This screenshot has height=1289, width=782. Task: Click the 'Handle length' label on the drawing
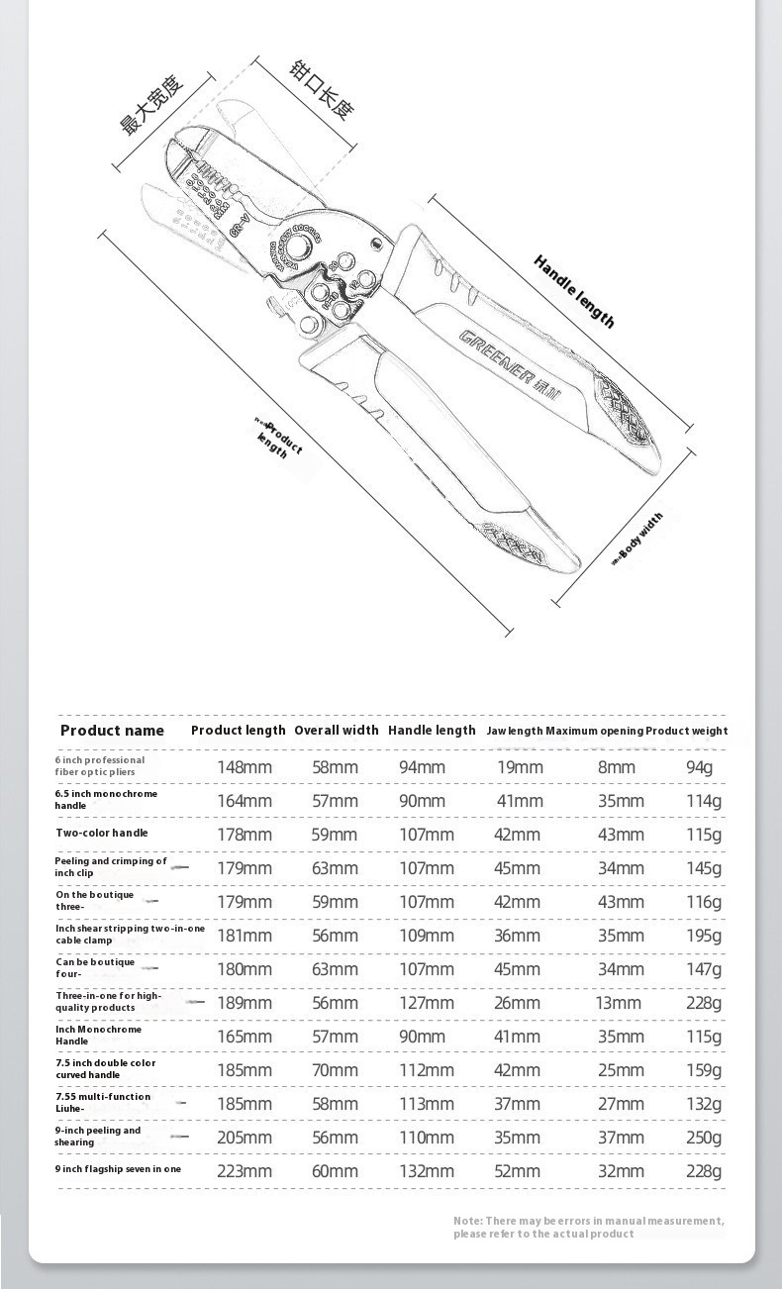click(574, 291)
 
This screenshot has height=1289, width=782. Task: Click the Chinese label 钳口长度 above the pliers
click(322, 86)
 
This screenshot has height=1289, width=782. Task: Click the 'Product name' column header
click(112, 731)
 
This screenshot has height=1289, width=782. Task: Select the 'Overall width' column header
click(337, 731)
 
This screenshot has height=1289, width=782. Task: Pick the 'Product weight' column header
click(687, 732)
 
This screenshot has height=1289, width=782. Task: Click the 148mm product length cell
click(244, 767)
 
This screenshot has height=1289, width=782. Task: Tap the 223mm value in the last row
click(244, 1171)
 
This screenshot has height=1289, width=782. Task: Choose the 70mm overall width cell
click(335, 1070)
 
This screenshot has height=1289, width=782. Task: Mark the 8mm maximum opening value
click(617, 767)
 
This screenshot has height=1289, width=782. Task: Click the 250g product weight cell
click(704, 1138)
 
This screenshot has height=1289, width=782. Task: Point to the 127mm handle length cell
click(427, 1003)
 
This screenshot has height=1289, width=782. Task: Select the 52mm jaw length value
click(518, 1171)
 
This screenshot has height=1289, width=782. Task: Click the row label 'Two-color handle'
click(102, 834)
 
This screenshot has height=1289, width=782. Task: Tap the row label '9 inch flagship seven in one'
click(118, 1169)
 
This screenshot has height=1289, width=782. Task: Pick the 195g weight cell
click(704, 936)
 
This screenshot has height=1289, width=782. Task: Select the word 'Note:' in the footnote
click(468, 1221)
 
